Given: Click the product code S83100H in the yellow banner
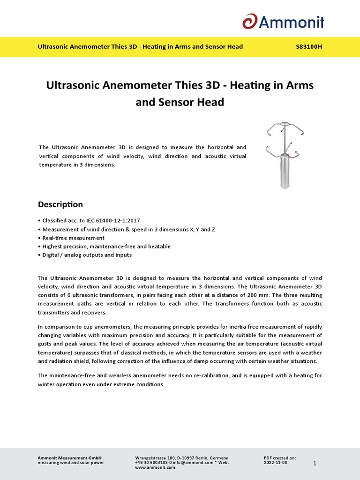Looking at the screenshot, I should tap(309, 47).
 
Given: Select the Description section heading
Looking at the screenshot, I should tap(60, 204).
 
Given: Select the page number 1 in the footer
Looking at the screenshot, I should tap(315, 464).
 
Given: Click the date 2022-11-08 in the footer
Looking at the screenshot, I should tap(276, 462).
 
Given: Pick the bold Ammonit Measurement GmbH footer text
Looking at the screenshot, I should tap(69, 457).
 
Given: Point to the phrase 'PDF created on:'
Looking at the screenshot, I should tap(280, 457).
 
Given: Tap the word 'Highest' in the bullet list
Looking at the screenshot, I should tap(52, 247).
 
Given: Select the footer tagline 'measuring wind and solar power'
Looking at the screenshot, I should tap(70, 462).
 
